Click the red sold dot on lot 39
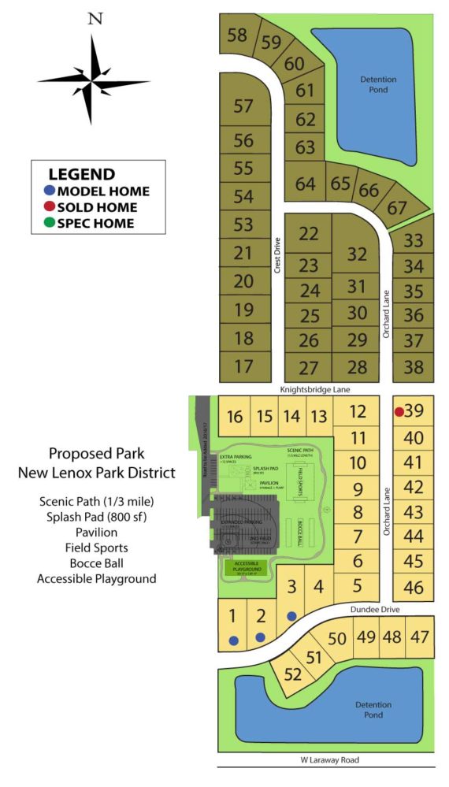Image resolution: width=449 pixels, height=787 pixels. point(399,411)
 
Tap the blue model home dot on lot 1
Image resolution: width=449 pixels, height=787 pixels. point(233,640)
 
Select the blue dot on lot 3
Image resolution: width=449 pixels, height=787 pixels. point(291,615)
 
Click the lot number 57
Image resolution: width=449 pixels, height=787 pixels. point(243,106)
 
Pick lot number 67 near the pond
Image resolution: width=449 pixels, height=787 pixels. point(398,208)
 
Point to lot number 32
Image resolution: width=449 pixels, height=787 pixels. point(357,254)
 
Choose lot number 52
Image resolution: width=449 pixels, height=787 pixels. point(292,674)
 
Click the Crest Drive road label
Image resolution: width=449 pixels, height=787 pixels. point(277,255)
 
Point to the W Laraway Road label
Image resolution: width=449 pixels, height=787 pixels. point(324,759)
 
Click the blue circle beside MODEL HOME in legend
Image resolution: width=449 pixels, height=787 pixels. point(50,191)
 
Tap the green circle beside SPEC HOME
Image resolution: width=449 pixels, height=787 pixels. point(50,223)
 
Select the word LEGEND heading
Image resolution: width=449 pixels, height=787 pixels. point(81,174)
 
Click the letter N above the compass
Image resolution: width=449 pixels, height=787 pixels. point(95,18)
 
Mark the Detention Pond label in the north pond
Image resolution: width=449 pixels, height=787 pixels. point(378,84)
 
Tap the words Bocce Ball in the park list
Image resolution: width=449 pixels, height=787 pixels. point(97,562)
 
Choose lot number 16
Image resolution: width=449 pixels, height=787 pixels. point(234,417)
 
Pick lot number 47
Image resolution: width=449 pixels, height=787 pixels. point(420,637)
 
